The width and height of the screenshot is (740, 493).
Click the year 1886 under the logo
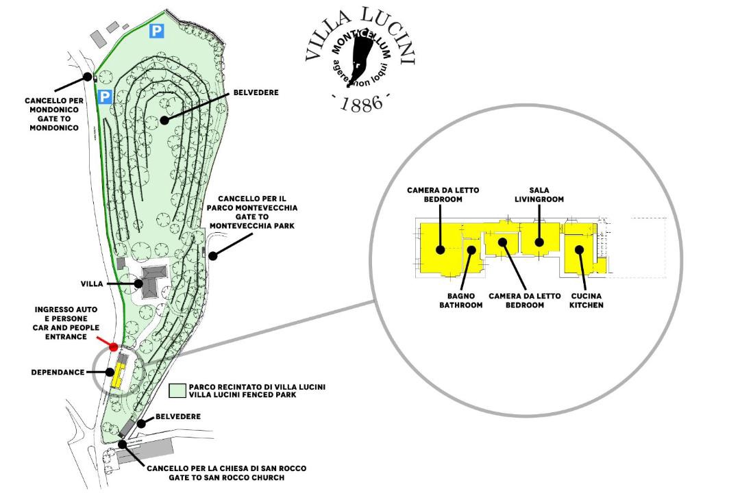[x=360, y=105]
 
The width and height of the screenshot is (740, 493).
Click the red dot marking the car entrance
[x=114, y=347]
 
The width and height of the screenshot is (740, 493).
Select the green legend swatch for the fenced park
[x=176, y=391]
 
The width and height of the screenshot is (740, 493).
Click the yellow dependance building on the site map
[x=119, y=374]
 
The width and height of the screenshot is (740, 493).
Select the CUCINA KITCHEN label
[x=587, y=301]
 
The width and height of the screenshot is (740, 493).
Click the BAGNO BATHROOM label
[x=460, y=301]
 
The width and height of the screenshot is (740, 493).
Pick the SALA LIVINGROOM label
[x=540, y=195]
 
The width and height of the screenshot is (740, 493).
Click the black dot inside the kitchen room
[x=580, y=249]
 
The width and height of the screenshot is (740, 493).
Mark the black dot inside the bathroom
[x=471, y=249]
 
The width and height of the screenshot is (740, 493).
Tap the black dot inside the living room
[x=539, y=241]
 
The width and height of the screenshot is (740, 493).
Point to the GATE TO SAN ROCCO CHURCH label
[x=226, y=473]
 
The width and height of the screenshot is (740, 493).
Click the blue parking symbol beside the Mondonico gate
[x=104, y=97]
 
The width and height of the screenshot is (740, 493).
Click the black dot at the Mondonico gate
[x=88, y=77]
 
